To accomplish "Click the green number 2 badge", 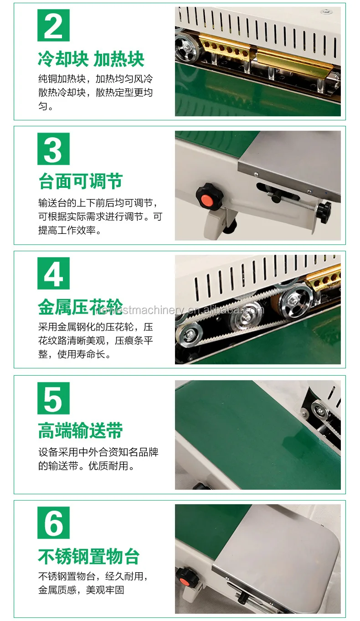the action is click(53, 25).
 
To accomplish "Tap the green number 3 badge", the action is click(53, 149).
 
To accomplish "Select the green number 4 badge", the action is click(53, 274).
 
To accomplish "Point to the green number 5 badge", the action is click(53, 398).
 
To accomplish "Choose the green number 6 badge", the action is click(53, 523).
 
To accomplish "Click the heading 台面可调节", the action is click(80, 181).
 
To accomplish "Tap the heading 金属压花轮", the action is click(80, 306).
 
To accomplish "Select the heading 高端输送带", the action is click(80, 430).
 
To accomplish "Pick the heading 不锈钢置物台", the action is click(89, 556).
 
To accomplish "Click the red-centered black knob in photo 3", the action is click(206, 198).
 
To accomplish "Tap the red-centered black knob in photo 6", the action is click(183, 580).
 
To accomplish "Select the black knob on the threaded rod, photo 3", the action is click(325, 212).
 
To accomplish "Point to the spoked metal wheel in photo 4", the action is click(294, 300).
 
